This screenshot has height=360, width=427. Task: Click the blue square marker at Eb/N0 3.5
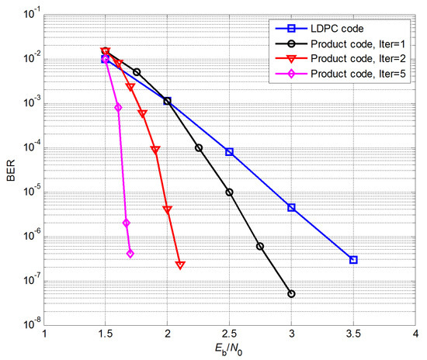point(353,260)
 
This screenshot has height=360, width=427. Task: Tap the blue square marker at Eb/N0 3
point(291,208)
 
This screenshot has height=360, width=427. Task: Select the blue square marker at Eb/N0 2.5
point(230,152)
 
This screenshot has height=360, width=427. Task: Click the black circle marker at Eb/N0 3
point(291,294)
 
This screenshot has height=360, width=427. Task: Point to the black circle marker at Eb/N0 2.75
point(260,246)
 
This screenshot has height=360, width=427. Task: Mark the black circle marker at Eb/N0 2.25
point(199,147)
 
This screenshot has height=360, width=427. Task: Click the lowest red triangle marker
point(180,265)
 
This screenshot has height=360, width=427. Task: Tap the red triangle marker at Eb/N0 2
point(168,209)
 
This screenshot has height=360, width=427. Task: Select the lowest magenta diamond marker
point(130,254)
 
